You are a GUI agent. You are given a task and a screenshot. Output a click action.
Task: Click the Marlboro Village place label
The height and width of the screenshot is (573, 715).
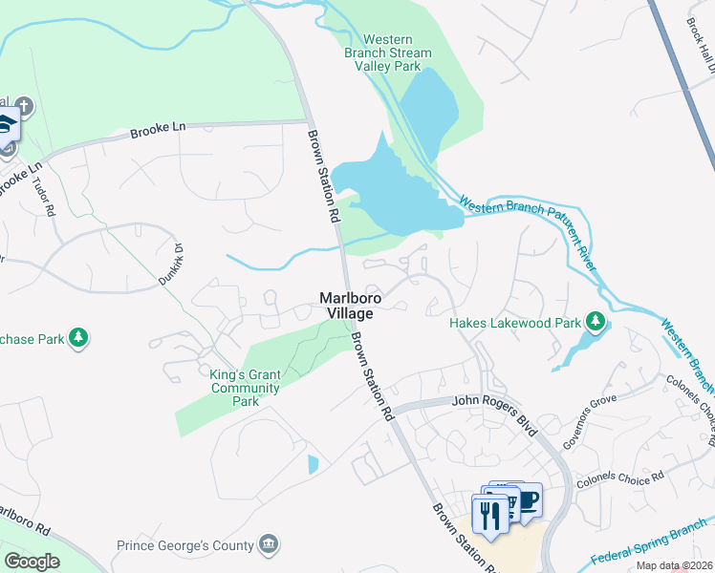351,306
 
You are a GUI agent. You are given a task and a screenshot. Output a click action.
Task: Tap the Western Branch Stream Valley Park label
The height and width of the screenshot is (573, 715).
388,53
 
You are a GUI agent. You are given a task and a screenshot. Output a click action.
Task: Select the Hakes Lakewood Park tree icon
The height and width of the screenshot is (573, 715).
596,322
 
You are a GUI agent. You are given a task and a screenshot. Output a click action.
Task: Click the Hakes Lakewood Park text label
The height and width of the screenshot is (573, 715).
515,323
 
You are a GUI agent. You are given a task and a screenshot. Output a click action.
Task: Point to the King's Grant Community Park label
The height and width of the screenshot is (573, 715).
245,389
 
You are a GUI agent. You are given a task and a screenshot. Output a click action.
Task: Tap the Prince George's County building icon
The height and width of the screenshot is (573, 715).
270,545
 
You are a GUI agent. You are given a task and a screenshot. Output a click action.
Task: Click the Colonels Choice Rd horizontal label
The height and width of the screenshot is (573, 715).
618,477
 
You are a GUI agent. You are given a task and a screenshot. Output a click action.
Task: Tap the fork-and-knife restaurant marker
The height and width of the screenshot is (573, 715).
490,516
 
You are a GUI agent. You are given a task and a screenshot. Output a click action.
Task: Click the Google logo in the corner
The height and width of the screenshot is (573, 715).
31,562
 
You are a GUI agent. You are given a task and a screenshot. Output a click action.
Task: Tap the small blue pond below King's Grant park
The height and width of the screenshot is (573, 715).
314,464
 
